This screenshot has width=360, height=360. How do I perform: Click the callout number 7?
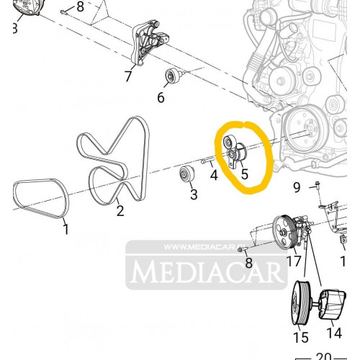128,76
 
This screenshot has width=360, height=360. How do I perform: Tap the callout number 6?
161,97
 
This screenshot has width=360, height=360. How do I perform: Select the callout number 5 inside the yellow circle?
244,174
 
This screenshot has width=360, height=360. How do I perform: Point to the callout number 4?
214,175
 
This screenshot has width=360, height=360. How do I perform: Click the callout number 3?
194,194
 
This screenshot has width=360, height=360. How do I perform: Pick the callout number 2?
120,210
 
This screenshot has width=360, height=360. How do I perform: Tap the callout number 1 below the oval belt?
66,229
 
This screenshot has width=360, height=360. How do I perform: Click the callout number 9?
297,187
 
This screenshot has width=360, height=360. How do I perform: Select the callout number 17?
294,261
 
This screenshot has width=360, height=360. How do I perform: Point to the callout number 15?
301,337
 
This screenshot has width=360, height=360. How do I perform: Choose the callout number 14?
334,333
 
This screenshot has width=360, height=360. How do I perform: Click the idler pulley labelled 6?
173,76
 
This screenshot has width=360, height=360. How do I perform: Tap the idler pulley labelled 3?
187,174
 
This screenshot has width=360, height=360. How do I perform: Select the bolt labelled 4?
207,160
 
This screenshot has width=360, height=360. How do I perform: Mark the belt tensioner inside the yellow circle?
235,152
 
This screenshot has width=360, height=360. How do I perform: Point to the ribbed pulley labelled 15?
302,302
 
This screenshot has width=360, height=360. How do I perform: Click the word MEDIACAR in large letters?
207,272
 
